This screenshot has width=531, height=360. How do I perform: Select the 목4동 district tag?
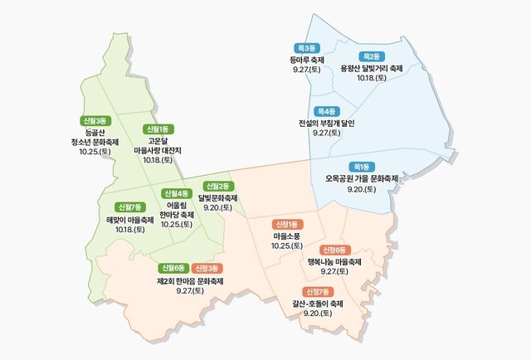pyautogui.click(x=325, y=111)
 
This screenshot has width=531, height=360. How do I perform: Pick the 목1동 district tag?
pyautogui.click(x=362, y=167)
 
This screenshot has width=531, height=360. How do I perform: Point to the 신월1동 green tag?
pyautogui.click(x=157, y=129)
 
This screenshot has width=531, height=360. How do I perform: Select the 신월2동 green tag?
pyautogui.click(x=219, y=186)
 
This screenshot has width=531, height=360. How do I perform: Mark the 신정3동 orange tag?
pyautogui.click(x=207, y=268)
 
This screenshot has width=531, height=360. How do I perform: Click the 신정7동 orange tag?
pyautogui.click(x=318, y=292)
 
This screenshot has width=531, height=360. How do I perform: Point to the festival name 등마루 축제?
pyautogui.click(x=307, y=60)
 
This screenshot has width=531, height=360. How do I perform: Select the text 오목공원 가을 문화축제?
pyautogui.click(x=362, y=178)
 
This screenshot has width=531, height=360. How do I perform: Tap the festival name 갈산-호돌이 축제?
pyautogui.click(x=318, y=304)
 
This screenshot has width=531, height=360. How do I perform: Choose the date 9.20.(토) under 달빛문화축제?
pyautogui.click(x=219, y=208)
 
